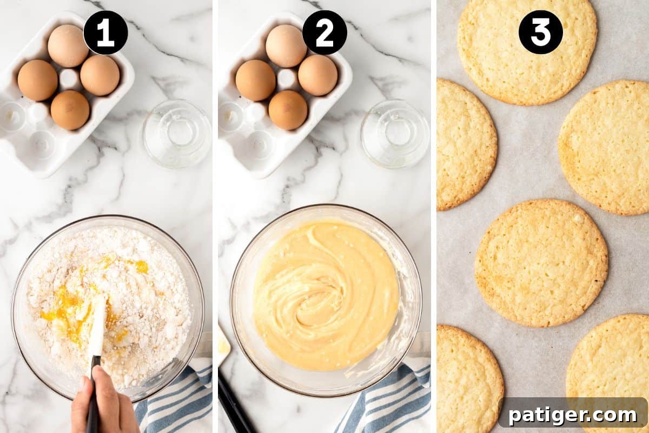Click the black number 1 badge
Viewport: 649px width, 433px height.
[105, 32]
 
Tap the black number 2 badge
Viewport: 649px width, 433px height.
[325, 32]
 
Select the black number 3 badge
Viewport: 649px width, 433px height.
[540, 32]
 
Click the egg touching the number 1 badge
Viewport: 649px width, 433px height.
[68, 45]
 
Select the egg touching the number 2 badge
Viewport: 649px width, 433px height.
[286, 45]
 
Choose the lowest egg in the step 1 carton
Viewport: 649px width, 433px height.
[70, 110]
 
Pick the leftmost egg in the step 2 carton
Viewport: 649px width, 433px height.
[255, 80]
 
